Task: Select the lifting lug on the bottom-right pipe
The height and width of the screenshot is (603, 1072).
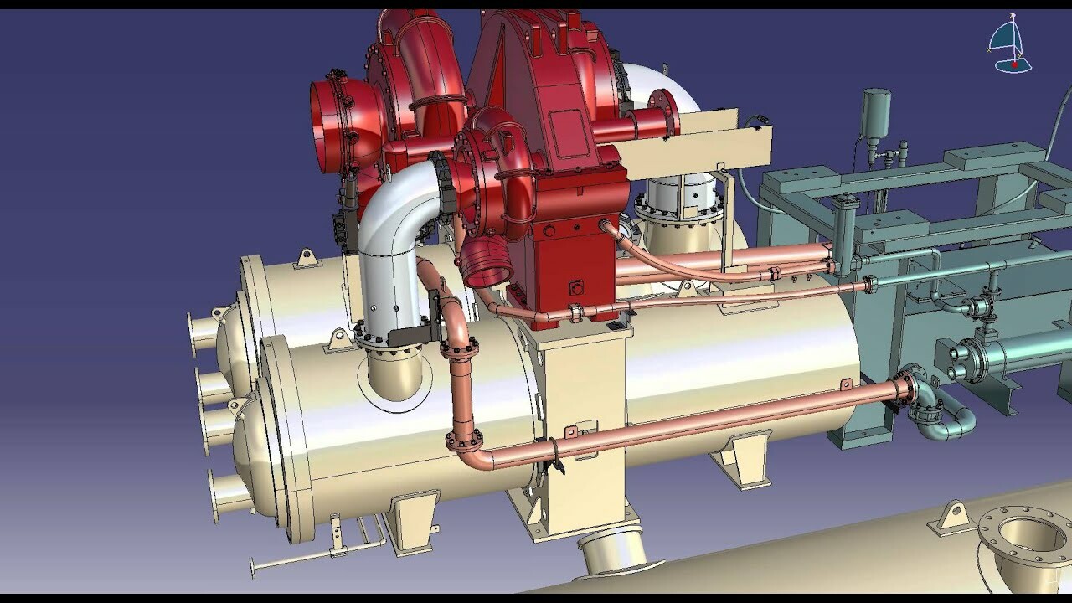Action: point(951,517)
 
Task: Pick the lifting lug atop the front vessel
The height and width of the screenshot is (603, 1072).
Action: point(339,339)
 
